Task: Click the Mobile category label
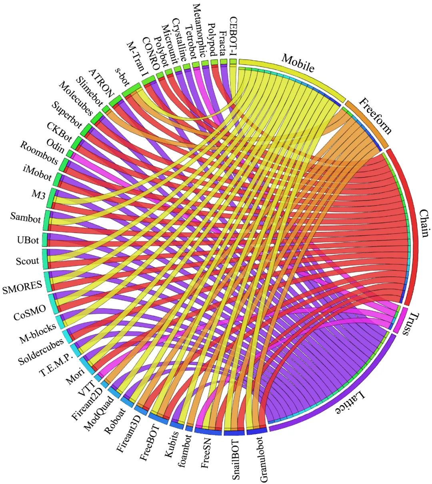[298, 63]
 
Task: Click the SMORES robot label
[22, 287]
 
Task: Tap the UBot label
[28, 240]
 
